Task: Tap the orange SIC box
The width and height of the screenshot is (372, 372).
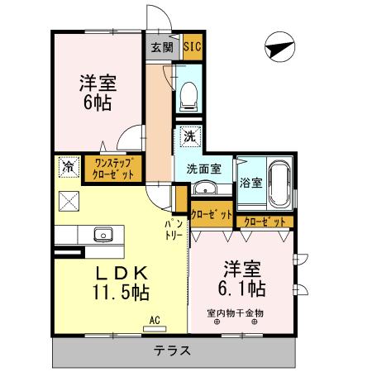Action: pos(190,47)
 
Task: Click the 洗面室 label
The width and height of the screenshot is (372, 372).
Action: pos(202,169)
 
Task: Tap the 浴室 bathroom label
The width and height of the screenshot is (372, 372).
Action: pos(250,182)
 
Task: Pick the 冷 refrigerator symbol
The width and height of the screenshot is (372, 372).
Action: pos(68,167)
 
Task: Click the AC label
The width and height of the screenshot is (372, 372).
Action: pos(154,319)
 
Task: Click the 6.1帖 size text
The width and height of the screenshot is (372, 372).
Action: pos(242,289)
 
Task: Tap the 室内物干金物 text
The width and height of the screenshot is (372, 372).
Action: pos(236,313)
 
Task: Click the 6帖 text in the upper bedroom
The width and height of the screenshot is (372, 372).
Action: pos(96,104)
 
